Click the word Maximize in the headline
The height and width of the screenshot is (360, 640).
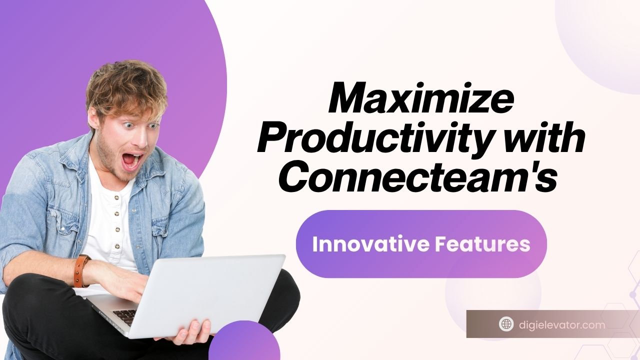(420, 100)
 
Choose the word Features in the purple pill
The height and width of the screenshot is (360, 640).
(482, 244)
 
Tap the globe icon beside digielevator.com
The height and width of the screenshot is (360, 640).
(506, 324)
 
